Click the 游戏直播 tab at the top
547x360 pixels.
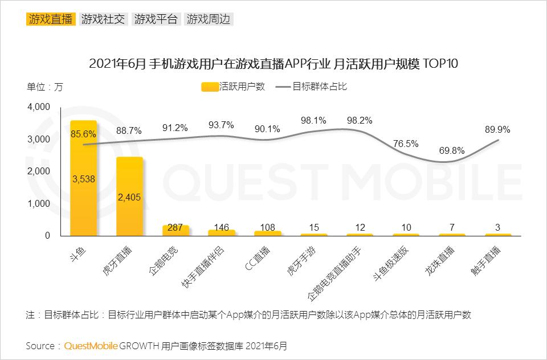point(51,19)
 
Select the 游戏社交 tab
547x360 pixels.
point(103,19)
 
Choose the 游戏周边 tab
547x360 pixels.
point(209,19)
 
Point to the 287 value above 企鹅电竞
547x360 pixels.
point(175,227)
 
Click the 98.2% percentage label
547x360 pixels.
point(359,120)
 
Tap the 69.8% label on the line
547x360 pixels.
point(451,151)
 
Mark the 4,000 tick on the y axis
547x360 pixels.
point(39,107)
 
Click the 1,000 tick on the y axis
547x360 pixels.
point(39,203)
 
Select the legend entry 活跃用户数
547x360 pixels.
point(234,87)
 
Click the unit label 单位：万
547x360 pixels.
point(45,87)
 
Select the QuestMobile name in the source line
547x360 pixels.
point(91,346)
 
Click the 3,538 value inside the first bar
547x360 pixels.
point(83,179)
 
